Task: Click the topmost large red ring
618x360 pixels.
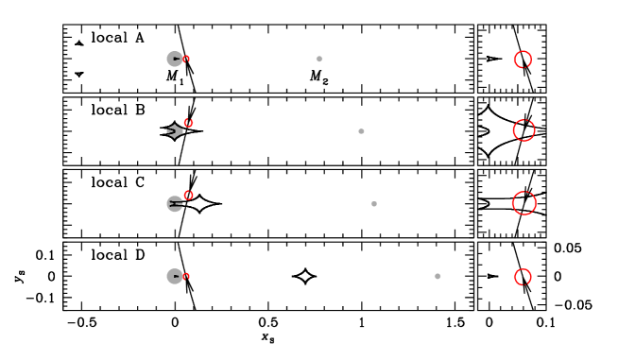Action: pos(523,60)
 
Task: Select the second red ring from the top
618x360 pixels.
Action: pos(524,130)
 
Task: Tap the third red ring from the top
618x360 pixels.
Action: pos(524,203)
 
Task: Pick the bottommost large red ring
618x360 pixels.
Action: pos(523,277)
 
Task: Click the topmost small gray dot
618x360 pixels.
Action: pos(319,59)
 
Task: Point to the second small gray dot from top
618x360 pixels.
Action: pos(361,131)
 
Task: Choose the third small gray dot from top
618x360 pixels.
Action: pos(374,203)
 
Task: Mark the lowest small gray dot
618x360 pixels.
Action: pos(438,276)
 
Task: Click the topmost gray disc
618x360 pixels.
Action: pos(174,59)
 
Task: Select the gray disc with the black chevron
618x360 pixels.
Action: pos(175,131)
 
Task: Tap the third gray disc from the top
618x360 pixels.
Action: pos(175,203)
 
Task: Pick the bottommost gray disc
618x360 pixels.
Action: pos(174,276)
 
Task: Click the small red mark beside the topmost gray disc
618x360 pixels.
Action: pos(186,59)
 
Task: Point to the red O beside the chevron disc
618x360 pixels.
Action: pos(188,124)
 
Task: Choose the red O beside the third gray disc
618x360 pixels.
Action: pos(188,196)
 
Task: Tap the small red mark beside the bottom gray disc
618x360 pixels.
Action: pos(186,276)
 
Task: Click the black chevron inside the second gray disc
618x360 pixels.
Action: pos(175,131)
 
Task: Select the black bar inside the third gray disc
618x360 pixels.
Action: pos(176,203)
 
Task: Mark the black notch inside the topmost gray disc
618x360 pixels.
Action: pos(177,59)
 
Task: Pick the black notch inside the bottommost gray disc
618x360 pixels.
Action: pos(177,276)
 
